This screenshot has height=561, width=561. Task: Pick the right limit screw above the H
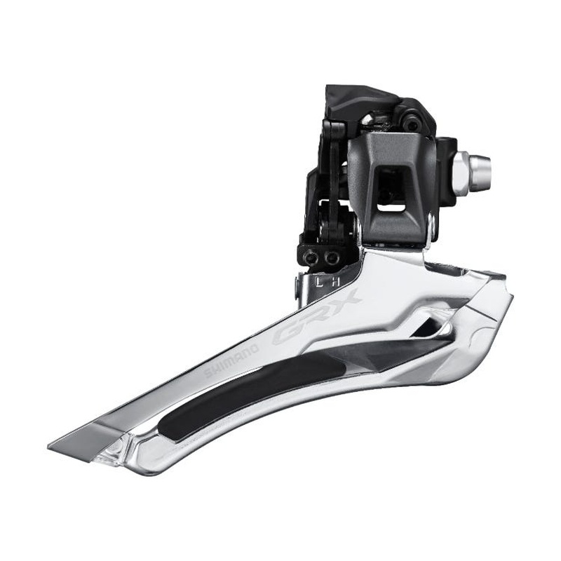pyautogui.click(x=332, y=259)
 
